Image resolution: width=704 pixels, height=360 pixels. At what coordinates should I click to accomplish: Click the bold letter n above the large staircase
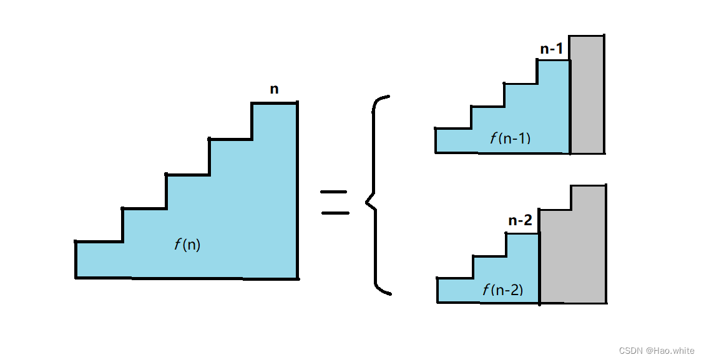[274, 89]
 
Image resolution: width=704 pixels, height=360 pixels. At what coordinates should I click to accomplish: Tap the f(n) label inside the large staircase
[187, 245]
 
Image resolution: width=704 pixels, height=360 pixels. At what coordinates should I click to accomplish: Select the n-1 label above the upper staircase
[552, 49]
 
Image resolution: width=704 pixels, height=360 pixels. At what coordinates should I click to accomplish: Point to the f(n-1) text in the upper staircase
[511, 138]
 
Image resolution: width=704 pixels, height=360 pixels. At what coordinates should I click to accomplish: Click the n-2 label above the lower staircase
[520, 220]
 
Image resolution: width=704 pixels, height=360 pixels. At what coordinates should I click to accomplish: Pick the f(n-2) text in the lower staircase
[502, 289]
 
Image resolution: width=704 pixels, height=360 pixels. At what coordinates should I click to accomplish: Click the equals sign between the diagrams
[335, 202]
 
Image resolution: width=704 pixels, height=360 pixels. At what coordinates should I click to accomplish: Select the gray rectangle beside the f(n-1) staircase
[587, 94]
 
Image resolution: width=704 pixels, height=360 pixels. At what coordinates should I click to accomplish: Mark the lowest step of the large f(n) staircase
[99, 259]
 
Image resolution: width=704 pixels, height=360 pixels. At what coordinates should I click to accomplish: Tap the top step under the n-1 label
[554, 72]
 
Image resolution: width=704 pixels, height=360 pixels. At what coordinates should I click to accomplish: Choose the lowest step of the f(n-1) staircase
[453, 140]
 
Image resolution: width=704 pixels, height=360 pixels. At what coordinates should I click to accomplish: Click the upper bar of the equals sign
[334, 192]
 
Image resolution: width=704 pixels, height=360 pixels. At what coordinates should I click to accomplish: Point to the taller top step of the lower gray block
[588, 198]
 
